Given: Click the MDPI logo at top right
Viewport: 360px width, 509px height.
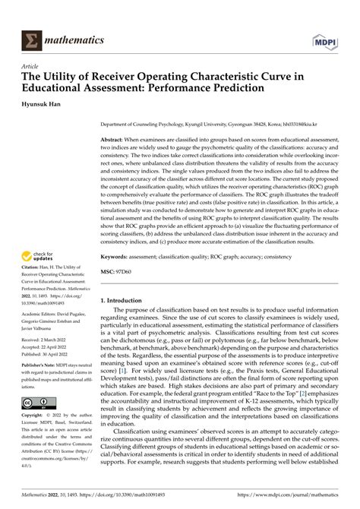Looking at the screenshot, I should [x=335, y=39].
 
